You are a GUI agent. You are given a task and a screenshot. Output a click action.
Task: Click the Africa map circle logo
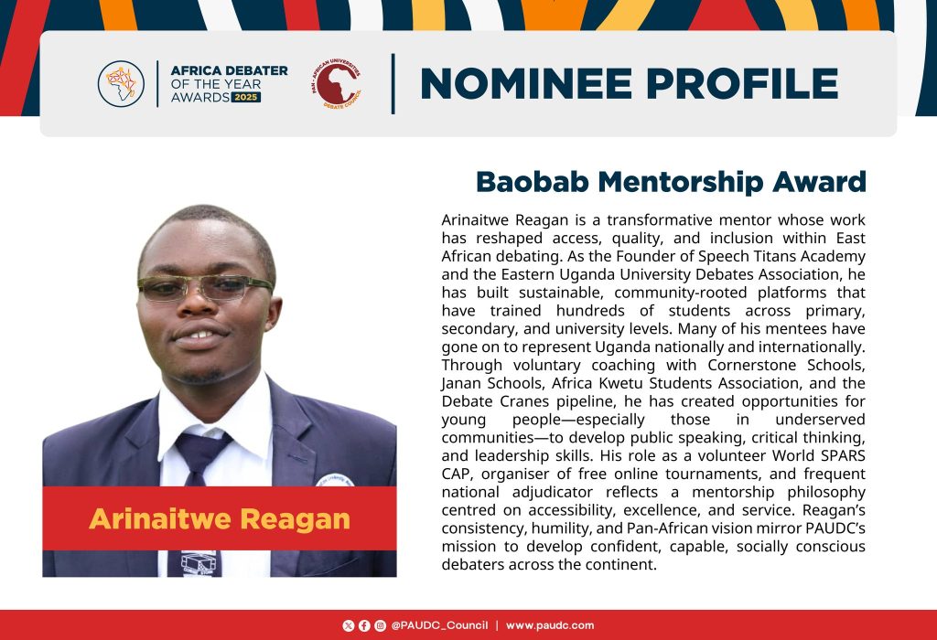point(122,84)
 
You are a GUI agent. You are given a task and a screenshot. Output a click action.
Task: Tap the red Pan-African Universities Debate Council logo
point(337,83)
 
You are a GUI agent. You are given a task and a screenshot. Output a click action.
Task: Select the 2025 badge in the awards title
point(246,97)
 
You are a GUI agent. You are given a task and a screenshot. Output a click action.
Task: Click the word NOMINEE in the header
point(526,83)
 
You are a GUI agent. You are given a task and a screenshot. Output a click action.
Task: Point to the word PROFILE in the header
point(743,83)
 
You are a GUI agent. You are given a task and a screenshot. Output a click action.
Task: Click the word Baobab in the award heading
point(533,182)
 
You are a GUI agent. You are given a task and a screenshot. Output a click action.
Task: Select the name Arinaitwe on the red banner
point(159,518)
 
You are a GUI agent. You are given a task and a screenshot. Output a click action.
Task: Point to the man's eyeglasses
point(205,287)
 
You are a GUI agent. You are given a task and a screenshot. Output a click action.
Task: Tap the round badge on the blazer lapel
point(335,480)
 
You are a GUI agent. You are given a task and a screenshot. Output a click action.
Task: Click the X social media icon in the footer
point(349,625)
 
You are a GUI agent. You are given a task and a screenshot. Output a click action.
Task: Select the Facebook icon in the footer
point(364,625)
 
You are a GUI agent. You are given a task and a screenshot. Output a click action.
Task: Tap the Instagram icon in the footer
point(380,625)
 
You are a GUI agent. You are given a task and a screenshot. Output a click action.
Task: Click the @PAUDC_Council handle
point(439,625)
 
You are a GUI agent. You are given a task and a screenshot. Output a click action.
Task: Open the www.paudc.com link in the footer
point(550,625)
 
